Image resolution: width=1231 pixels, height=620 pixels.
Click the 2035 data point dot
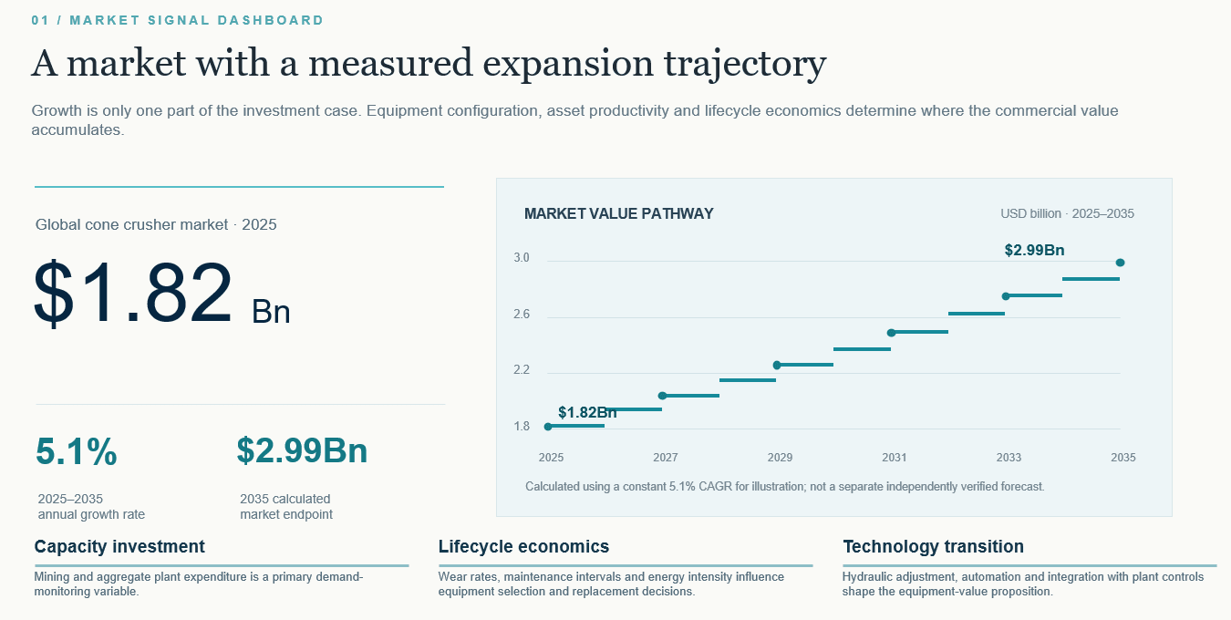coord(1120,263)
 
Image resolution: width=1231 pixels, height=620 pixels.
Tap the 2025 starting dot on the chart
coord(548,427)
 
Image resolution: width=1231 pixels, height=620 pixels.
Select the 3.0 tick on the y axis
coord(522,258)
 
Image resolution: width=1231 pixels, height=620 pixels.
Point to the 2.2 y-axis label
coord(522,370)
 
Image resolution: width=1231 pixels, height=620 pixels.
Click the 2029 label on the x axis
coord(780,458)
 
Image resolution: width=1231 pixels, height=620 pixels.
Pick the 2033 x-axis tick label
coord(1009,458)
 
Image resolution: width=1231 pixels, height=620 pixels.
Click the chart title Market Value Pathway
coord(619,214)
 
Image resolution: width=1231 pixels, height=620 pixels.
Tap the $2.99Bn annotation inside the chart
coord(1034,250)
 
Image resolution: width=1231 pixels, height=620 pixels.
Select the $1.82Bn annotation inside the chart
coord(587,412)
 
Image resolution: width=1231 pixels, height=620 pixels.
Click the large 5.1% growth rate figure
coord(77,451)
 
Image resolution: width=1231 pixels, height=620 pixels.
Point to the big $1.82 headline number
coord(132,292)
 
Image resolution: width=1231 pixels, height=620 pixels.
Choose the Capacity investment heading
coord(119,546)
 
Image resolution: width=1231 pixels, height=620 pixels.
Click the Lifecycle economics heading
coord(523,546)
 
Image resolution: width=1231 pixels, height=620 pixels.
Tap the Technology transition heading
coord(933,546)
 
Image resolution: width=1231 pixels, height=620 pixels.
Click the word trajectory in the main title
coord(745,65)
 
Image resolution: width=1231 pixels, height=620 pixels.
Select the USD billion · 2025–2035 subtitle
coord(1067,214)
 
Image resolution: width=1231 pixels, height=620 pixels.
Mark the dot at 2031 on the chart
coord(892,333)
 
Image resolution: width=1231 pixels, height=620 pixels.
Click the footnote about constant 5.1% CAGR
coord(785,487)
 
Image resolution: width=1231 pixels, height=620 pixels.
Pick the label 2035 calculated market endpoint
coord(286,507)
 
